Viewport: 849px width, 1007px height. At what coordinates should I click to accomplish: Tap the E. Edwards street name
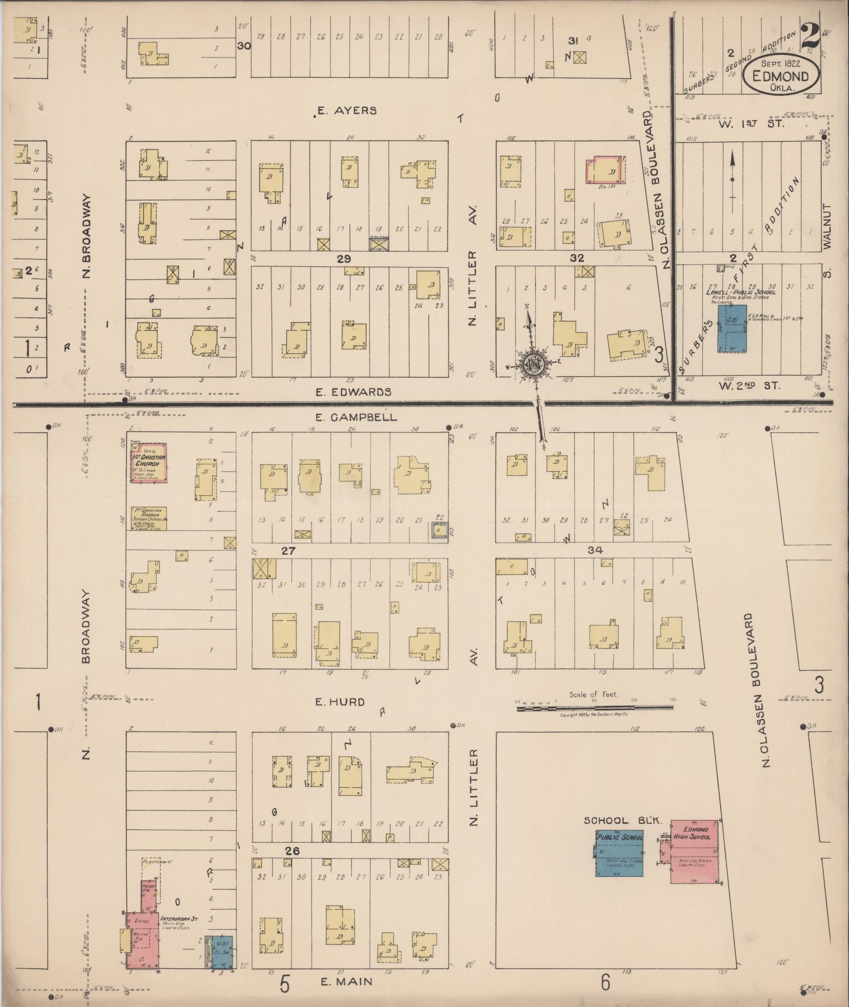(353, 392)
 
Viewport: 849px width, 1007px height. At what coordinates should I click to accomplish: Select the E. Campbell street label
(356, 417)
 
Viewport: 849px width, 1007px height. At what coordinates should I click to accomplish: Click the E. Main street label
(346, 981)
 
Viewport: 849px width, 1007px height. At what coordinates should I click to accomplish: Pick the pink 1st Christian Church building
(149, 462)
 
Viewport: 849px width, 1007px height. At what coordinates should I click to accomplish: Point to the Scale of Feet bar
(594, 709)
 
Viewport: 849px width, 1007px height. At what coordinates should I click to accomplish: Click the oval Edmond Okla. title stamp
(781, 75)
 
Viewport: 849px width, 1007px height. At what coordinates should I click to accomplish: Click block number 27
(288, 551)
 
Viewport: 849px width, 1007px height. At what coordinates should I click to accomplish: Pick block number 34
(595, 550)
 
